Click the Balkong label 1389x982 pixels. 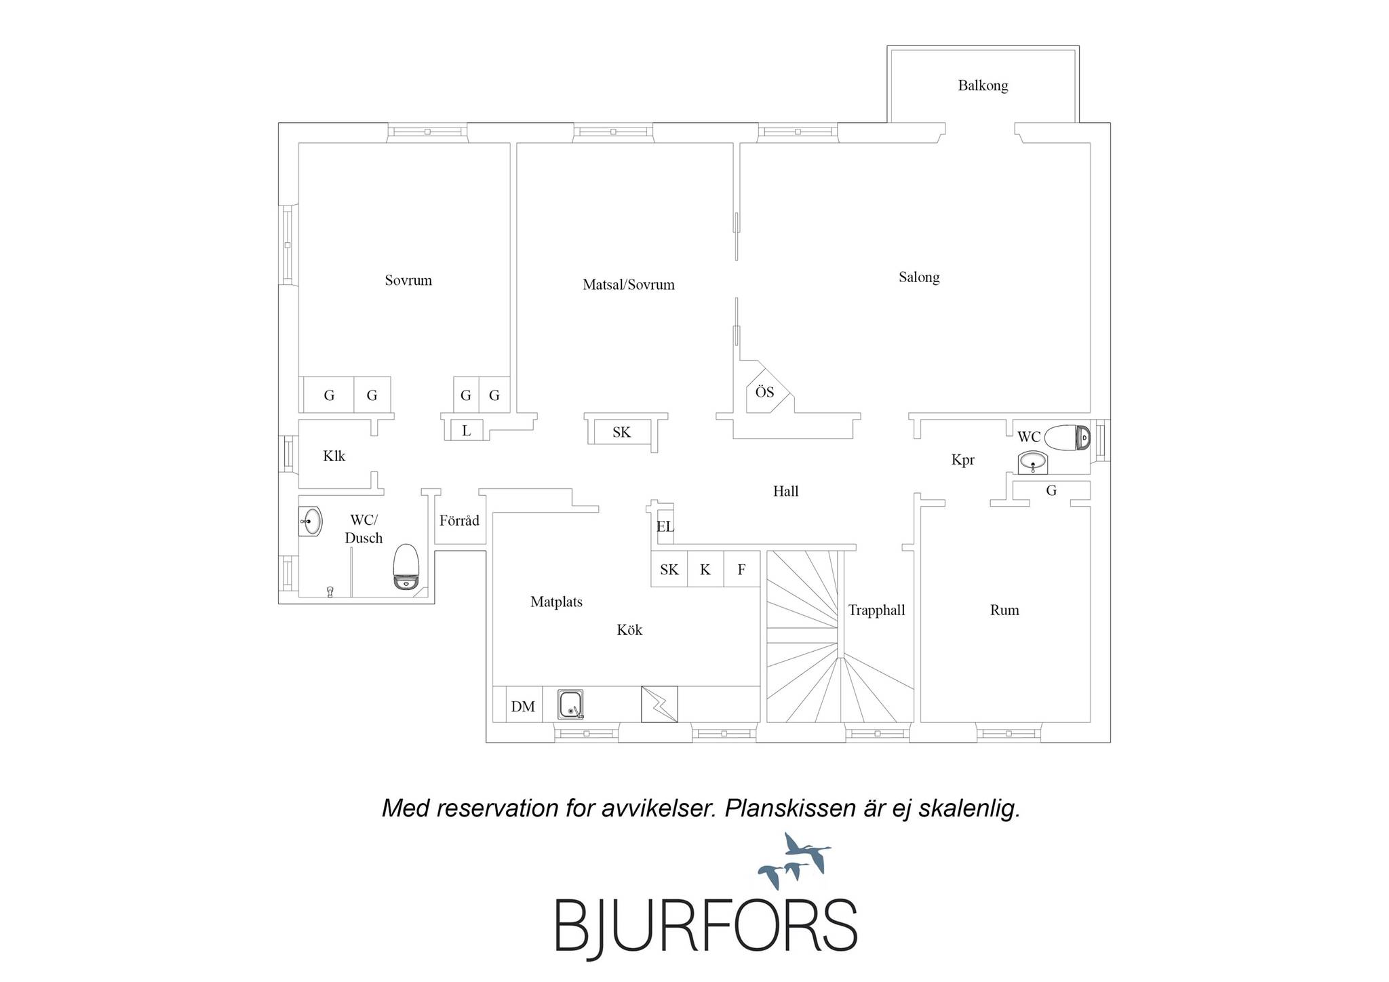(x=983, y=85)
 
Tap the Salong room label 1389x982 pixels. (x=919, y=277)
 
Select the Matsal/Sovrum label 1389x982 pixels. (x=629, y=285)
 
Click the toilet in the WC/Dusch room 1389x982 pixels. (x=407, y=567)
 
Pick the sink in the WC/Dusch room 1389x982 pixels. (x=311, y=522)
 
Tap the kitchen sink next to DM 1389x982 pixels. (x=570, y=705)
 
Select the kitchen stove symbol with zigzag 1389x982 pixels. (x=659, y=705)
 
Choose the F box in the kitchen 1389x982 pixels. (x=741, y=569)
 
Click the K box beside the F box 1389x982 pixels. (x=705, y=569)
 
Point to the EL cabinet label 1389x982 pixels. (x=665, y=526)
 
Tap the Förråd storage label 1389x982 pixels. (x=459, y=521)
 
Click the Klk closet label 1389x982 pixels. (x=334, y=456)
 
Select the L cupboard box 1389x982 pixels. (x=467, y=430)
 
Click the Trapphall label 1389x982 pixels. (x=876, y=610)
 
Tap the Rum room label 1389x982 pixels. (x=1004, y=610)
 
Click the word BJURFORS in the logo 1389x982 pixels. (x=706, y=926)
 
